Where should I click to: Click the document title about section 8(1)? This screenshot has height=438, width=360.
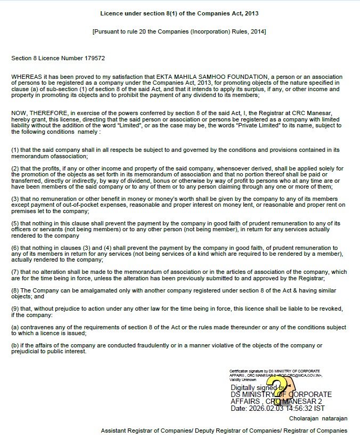[x=179, y=12]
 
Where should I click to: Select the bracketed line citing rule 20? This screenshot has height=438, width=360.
[x=179, y=32]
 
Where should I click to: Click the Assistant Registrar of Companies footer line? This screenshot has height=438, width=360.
[x=224, y=431]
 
